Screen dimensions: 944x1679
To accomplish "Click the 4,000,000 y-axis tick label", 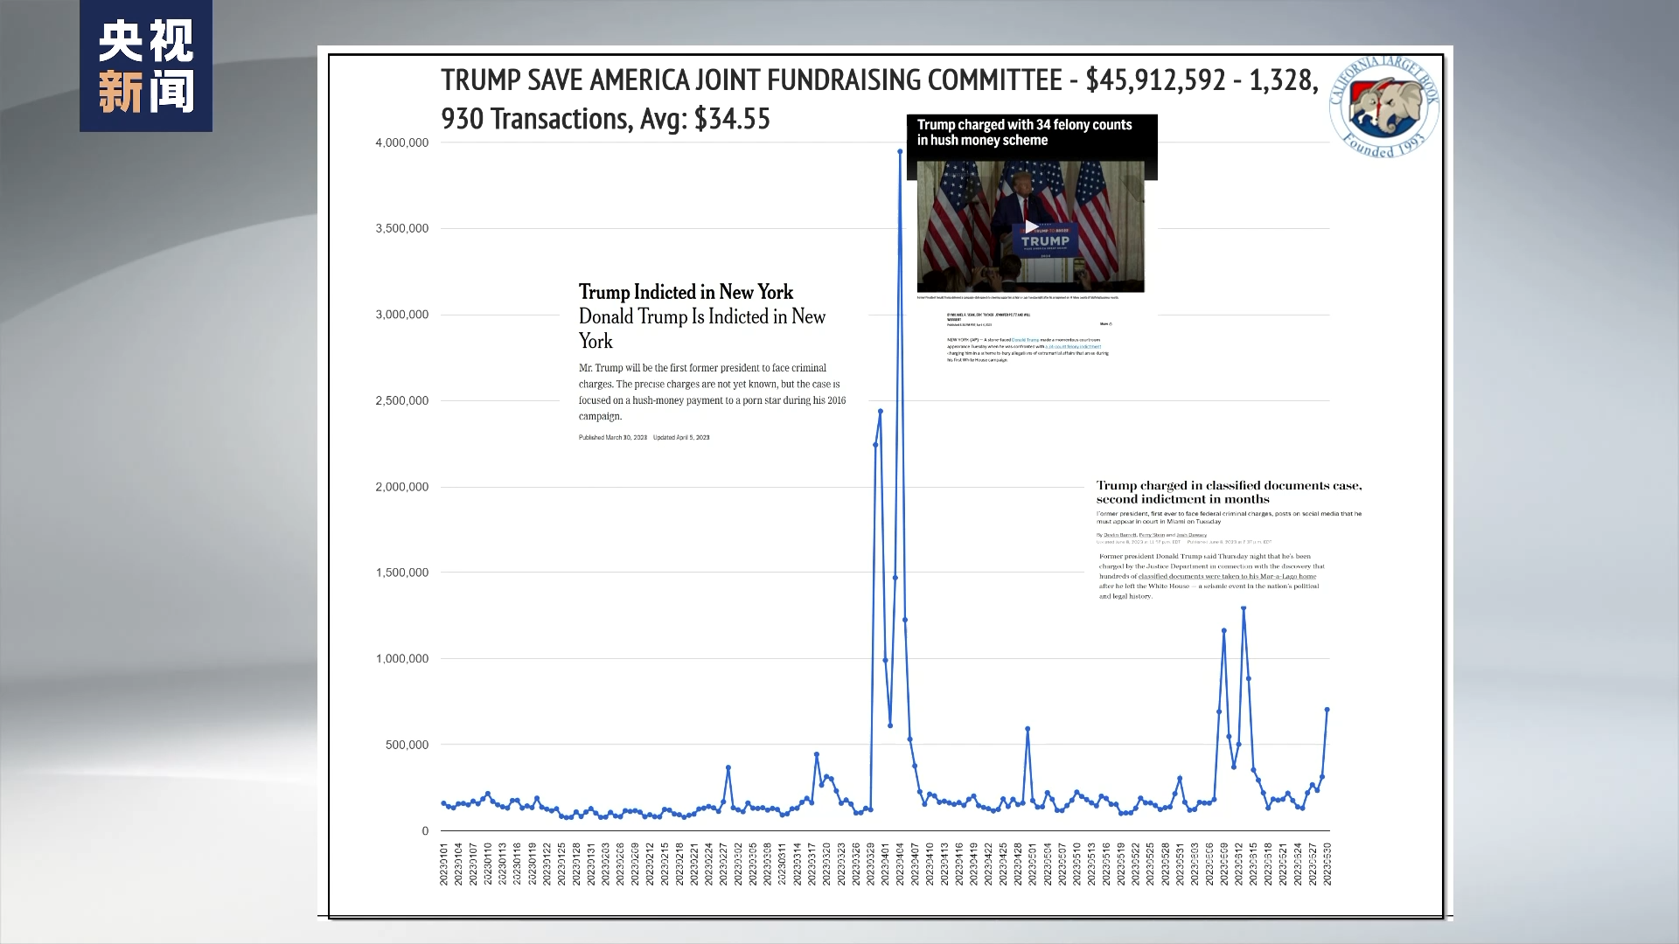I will tap(401, 142).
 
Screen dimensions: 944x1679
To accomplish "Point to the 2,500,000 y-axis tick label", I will tap(401, 400).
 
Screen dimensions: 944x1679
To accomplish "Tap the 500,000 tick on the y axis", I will tap(407, 745).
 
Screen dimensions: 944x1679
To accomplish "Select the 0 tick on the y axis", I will tap(425, 831).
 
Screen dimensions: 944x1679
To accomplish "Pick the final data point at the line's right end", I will tap(1327, 710).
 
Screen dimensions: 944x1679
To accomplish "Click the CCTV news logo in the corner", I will tap(146, 66).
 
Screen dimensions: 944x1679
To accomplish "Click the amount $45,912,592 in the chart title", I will tap(1155, 80).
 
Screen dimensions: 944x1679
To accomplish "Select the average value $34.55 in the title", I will tap(732, 119).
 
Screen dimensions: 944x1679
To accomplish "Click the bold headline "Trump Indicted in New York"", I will tap(686, 292).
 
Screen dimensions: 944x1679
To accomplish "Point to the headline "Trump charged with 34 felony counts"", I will tap(1024, 125).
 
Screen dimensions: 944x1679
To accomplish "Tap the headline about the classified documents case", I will tap(1228, 492).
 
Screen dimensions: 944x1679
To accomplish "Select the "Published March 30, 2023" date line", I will tap(613, 437).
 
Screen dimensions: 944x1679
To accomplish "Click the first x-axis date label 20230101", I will tap(444, 864).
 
